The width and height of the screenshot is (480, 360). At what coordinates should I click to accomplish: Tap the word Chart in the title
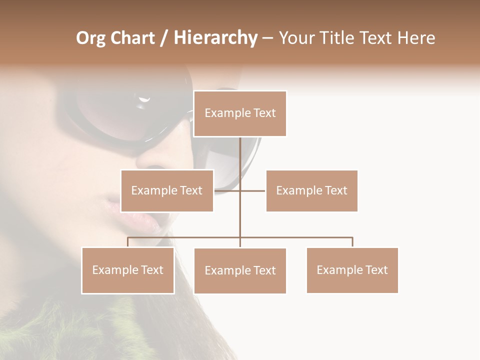click(132, 38)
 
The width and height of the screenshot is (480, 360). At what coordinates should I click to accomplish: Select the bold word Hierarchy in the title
click(215, 38)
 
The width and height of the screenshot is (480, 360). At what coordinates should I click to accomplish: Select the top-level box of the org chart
click(240, 113)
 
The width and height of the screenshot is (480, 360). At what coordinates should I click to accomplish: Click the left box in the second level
click(167, 190)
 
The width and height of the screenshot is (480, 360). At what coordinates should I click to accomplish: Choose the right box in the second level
click(311, 190)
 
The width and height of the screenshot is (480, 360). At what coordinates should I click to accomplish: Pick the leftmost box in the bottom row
click(128, 270)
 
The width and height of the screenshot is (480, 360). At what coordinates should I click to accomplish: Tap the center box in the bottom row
click(240, 270)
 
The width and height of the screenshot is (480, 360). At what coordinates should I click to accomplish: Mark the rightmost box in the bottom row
click(352, 270)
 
